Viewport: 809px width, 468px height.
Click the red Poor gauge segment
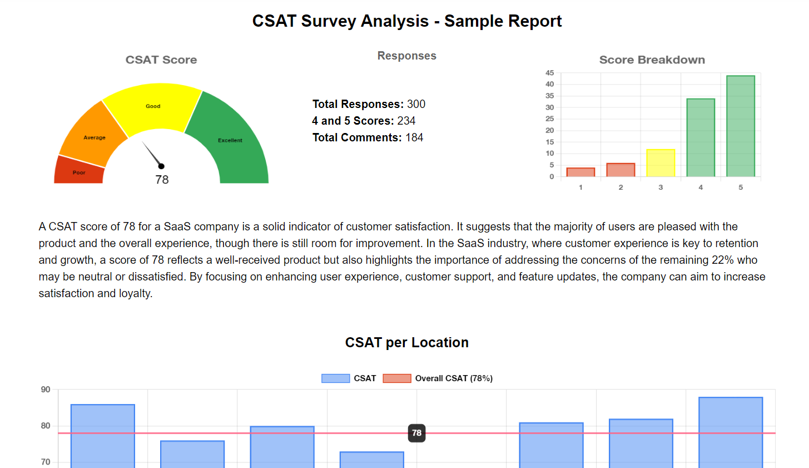pyautogui.click(x=79, y=171)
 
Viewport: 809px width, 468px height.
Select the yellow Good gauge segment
pyautogui.click(x=152, y=107)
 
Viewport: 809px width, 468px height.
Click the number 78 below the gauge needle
pyautogui.click(x=162, y=180)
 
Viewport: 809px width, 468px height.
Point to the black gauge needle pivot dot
pyautogui.click(x=161, y=166)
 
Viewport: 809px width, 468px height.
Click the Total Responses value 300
pyautogui.click(x=416, y=104)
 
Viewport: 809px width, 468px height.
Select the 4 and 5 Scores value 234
pyautogui.click(x=406, y=121)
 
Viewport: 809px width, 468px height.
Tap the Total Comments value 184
pyautogui.click(x=414, y=137)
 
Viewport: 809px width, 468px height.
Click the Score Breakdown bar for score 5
pyautogui.click(x=741, y=126)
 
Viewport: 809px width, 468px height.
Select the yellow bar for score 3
pyautogui.click(x=661, y=163)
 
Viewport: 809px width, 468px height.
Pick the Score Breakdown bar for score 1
pyautogui.click(x=580, y=173)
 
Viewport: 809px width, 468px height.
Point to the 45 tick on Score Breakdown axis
pyautogui.click(x=549, y=73)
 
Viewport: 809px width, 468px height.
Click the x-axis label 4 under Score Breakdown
pyautogui.click(x=701, y=188)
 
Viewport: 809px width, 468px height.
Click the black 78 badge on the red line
pyautogui.click(x=416, y=433)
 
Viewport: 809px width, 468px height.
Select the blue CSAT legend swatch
pyautogui.click(x=335, y=378)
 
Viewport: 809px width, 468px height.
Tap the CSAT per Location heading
pyautogui.click(x=406, y=342)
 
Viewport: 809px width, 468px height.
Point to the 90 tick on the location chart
pyautogui.click(x=46, y=390)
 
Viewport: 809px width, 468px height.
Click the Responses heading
pyautogui.click(x=406, y=56)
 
